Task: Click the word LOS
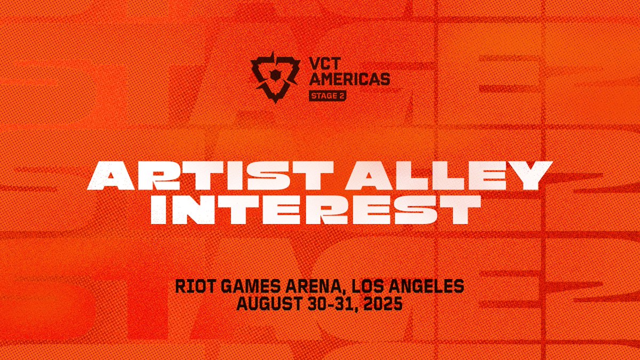[x=372, y=287]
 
